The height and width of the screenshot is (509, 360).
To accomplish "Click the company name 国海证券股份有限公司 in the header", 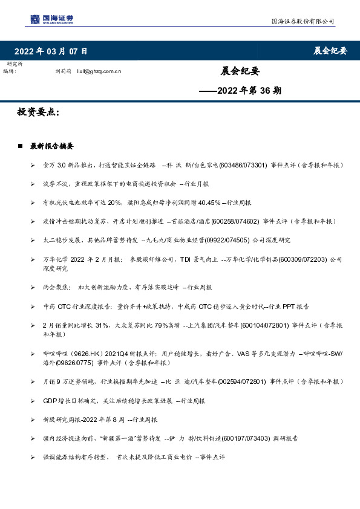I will [302, 22].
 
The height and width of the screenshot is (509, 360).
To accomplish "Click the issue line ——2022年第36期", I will [240, 91].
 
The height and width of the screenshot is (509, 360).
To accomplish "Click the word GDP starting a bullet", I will [50, 400].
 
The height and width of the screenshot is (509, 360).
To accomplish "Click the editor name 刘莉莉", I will [63, 71].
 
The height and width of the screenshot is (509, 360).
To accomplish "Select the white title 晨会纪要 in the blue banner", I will [330, 51].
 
